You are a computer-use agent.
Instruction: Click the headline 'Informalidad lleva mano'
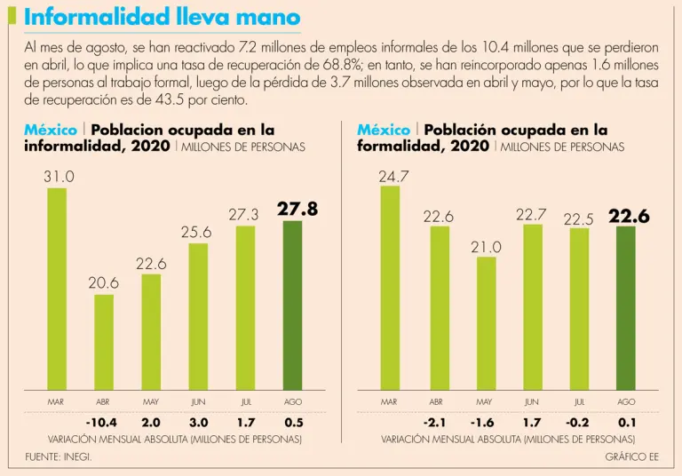click(163, 18)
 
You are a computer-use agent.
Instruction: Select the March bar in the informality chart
click(56, 289)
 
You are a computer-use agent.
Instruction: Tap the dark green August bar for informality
click(292, 305)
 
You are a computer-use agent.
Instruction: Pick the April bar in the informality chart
click(104, 342)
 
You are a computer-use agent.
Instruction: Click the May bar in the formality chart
click(486, 323)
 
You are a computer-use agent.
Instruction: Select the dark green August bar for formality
click(626, 308)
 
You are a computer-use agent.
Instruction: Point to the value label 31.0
click(59, 177)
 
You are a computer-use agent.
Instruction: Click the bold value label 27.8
click(297, 210)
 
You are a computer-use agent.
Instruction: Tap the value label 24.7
click(393, 177)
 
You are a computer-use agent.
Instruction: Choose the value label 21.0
click(487, 247)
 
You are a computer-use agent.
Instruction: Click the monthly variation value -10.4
click(103, 421)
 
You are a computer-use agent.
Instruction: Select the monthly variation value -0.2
click(579, 421)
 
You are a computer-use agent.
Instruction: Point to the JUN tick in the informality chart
click(198, 402)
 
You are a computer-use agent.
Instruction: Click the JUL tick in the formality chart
click(579, 402)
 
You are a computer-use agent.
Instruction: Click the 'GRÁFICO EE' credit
click(632, 456)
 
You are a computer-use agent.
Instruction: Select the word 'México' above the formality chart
click(383, 131)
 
